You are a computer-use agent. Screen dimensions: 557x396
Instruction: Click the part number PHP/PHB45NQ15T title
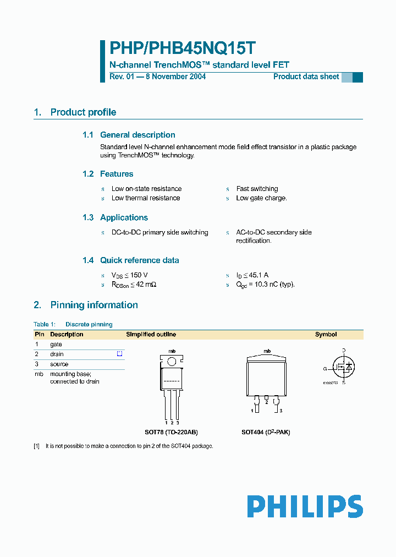182,49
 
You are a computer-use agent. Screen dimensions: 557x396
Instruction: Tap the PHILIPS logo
305,506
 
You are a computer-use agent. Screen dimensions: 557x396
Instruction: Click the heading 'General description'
137,135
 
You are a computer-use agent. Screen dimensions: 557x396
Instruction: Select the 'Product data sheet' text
306,77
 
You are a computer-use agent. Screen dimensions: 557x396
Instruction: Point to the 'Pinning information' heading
94,305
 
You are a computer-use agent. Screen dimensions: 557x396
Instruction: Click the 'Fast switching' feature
257,189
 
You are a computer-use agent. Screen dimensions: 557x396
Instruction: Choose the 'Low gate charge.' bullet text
261,198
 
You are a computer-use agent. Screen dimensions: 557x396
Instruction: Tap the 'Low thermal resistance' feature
146,198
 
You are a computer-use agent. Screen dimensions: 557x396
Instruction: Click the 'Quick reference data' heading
139,260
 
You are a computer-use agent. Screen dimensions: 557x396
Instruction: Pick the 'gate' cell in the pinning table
56,344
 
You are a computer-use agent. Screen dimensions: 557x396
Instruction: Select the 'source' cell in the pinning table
59,364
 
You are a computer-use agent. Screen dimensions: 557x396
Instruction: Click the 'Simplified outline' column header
151,334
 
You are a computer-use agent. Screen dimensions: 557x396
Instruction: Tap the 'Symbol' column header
326,334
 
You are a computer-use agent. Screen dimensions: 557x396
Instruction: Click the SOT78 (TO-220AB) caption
163,432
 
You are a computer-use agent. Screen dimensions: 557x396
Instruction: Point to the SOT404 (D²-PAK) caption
266,432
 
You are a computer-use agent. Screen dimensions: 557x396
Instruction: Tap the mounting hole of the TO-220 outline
172,361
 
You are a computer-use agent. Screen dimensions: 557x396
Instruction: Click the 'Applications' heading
124,217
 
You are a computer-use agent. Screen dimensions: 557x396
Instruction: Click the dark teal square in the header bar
358,77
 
